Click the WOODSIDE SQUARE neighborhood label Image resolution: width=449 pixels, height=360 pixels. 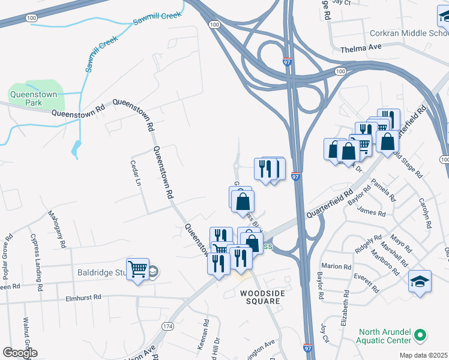tap(261, 297)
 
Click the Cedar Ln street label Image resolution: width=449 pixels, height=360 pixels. tap(136, 172)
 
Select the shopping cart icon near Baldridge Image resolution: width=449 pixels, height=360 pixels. tap(137, 269)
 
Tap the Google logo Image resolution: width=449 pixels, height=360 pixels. tap(20, 352)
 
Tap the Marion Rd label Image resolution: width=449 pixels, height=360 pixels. tap(336, 266)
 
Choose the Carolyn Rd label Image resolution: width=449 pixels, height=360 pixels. tap(425, 214)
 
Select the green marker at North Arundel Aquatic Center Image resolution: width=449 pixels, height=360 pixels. tap(421, 334)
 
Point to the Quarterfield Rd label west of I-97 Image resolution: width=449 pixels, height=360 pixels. tap(329, 205)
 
